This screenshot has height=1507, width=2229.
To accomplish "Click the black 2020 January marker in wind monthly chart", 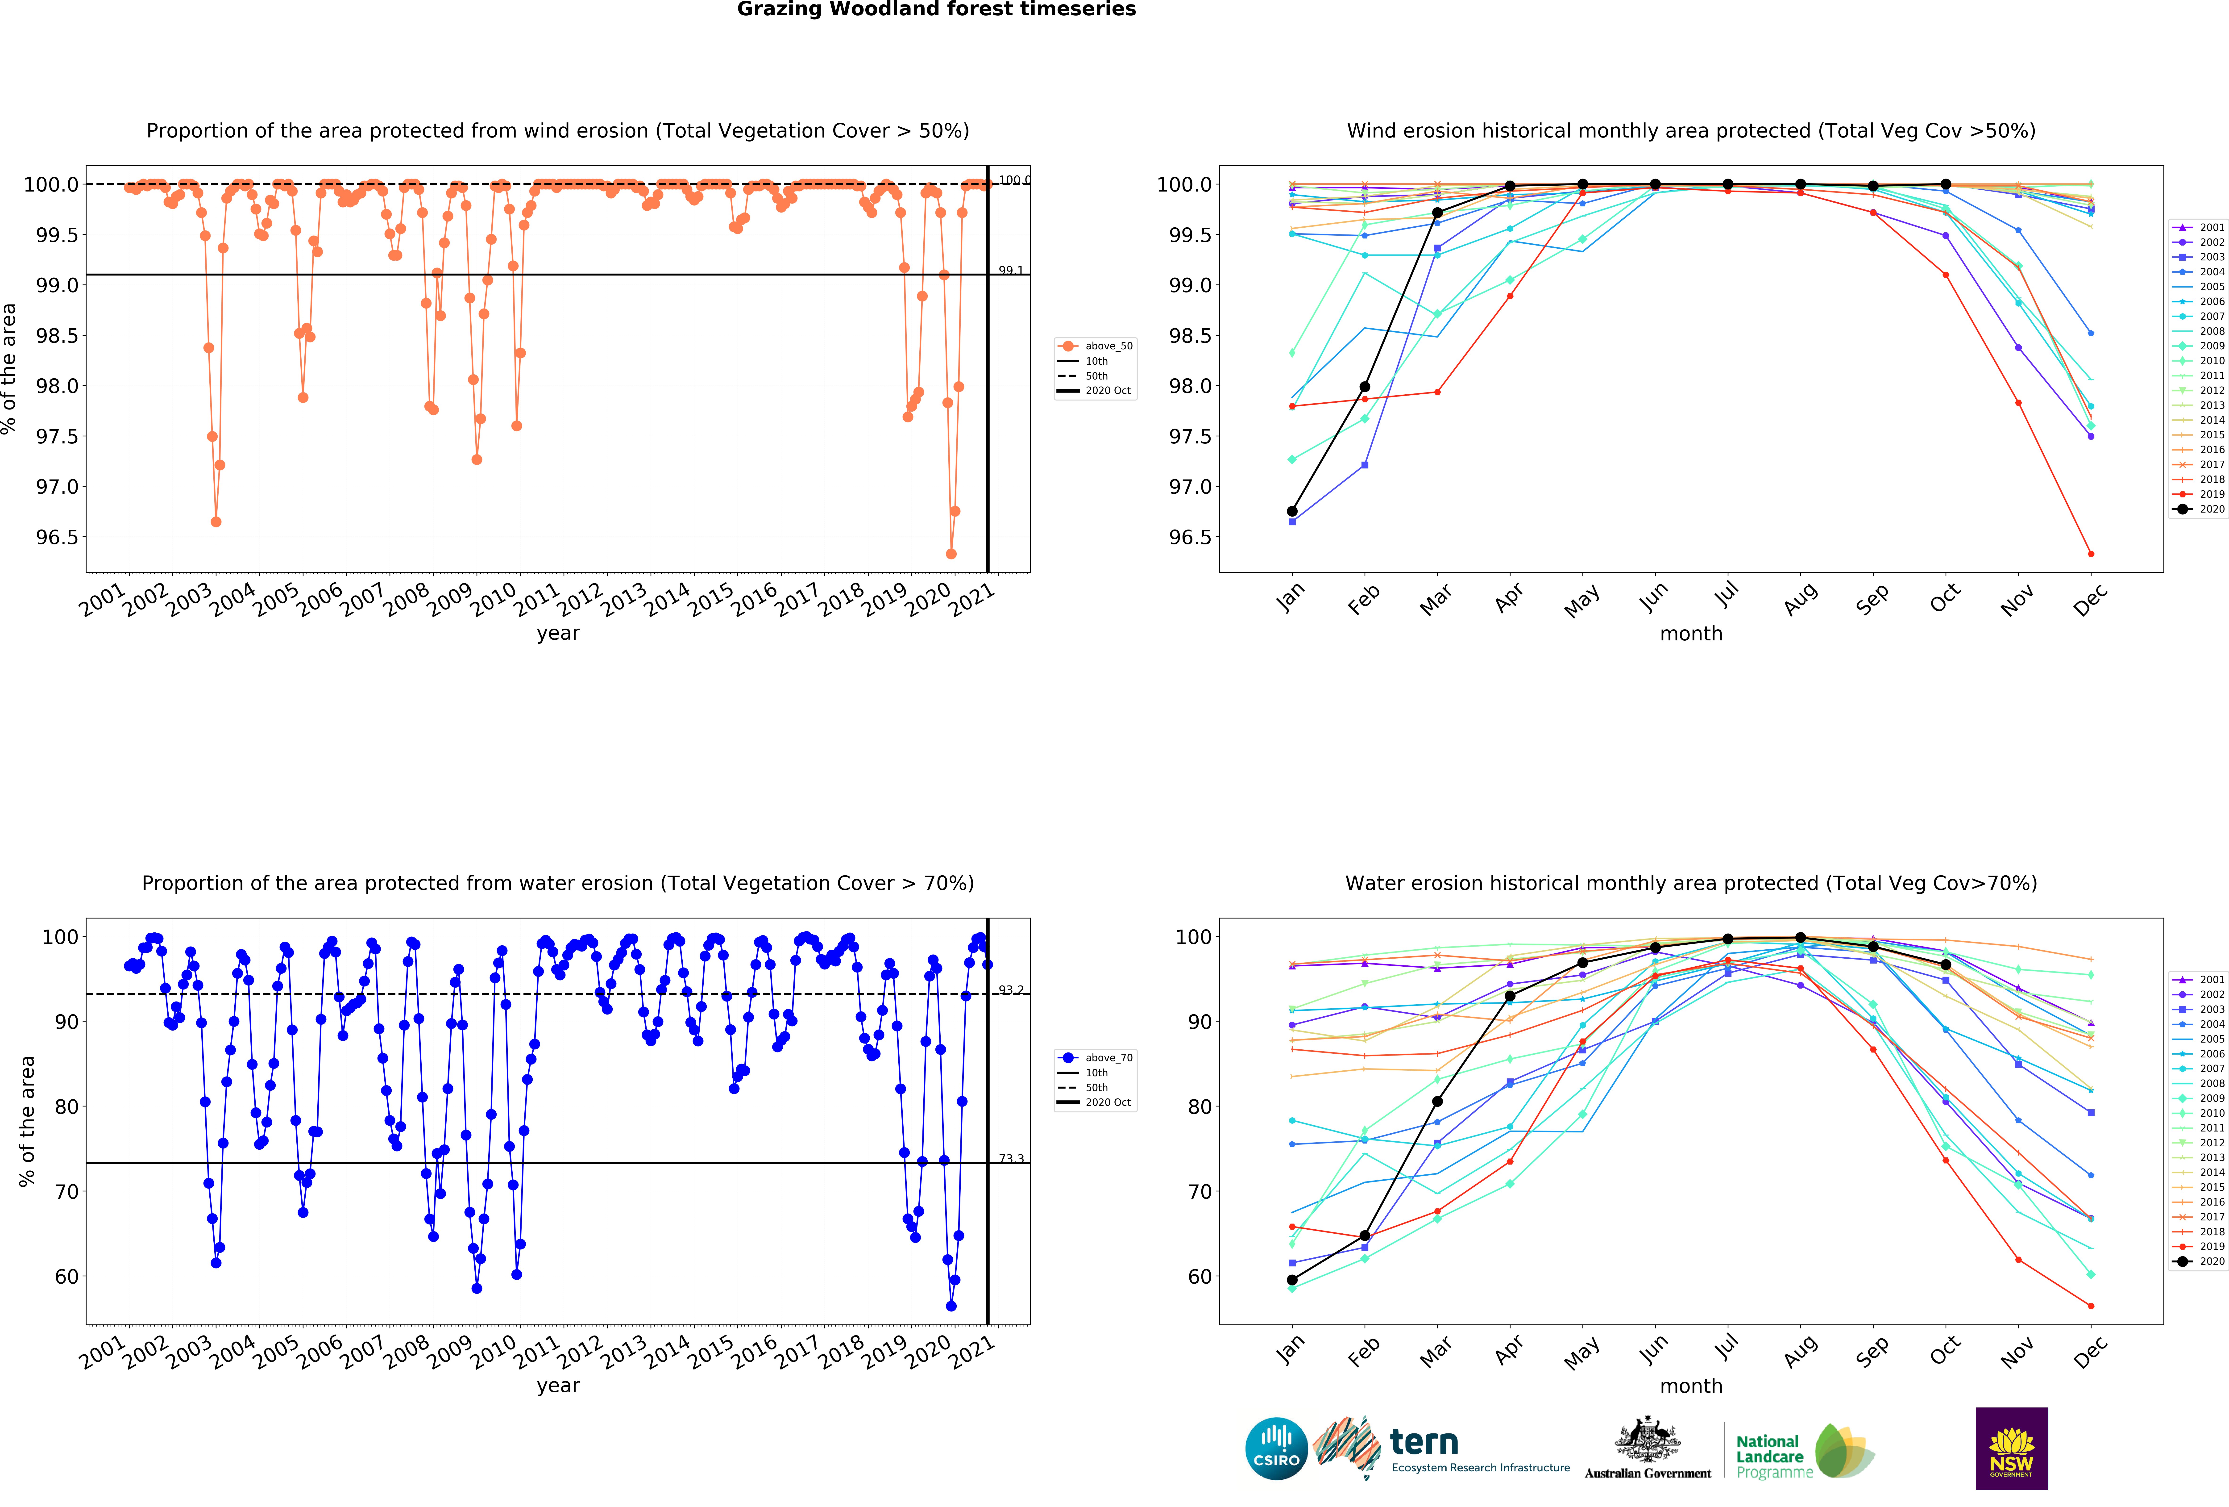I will click(1292, 511).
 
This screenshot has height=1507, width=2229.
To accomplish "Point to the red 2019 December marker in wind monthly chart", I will click(2091, 554).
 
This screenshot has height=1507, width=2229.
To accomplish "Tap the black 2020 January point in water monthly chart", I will click(1292, 1280).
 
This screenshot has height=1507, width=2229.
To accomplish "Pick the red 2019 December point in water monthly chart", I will click(2091, 1306).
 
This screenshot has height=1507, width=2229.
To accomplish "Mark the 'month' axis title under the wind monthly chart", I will click(1691, 634).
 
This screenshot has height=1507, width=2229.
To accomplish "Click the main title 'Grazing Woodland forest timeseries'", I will click(936, 10).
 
